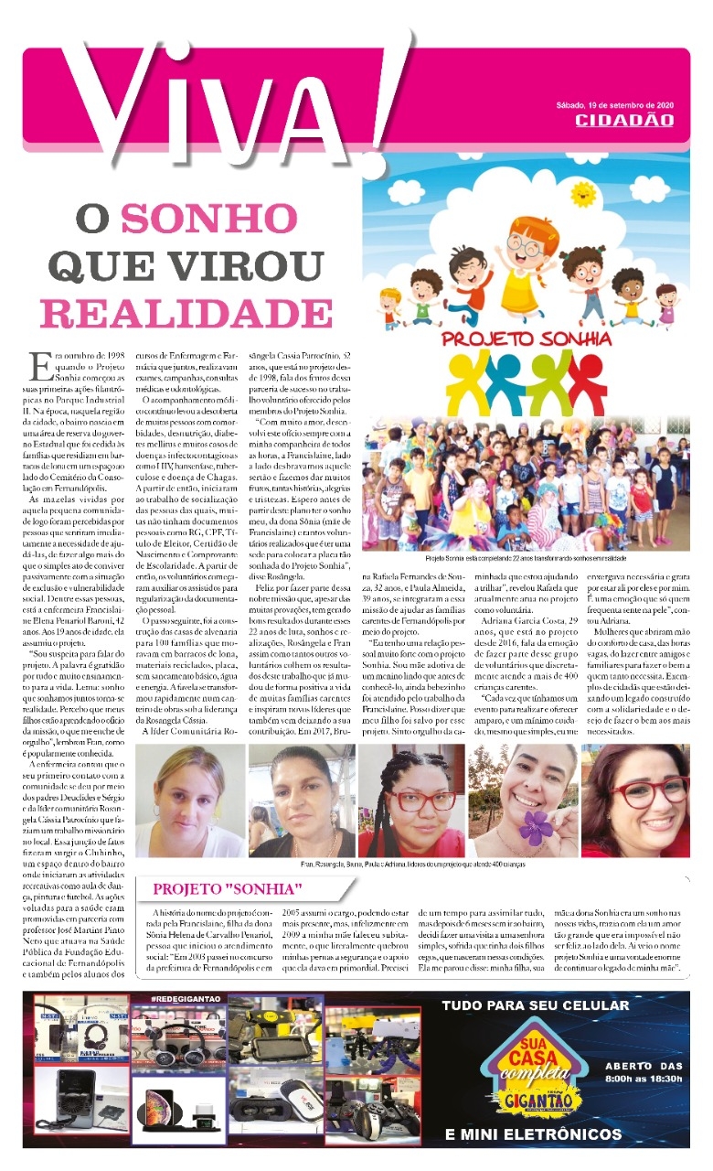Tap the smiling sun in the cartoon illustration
pos(581,194)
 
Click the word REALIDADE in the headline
pos(174,313)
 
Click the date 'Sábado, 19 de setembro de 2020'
pos(621,103)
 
